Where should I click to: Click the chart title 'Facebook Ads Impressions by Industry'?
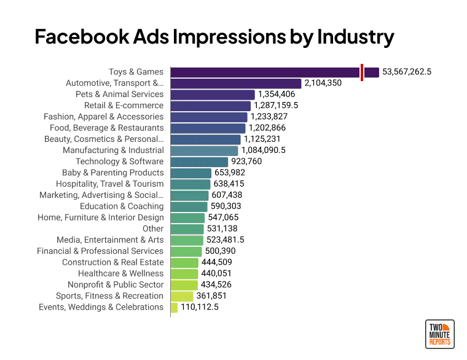pos(214,37)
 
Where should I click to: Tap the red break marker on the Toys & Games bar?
pos(362,72)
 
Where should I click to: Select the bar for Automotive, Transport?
pos(235,84)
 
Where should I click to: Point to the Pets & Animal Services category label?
pos(119,95)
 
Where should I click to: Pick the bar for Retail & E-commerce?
pos(210,106)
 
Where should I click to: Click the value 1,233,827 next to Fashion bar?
pos(273,117)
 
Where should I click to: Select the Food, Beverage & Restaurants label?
pos(107,128)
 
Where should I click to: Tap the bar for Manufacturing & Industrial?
pos(204,151)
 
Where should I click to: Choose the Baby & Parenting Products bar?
pos(190,173)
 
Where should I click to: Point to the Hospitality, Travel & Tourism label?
pos(110,184)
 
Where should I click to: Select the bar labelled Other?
pos(187,229)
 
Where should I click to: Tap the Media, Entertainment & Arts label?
pos(110,240)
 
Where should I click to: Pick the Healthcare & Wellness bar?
pos(184,273)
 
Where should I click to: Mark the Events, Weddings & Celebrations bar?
pos(174,307)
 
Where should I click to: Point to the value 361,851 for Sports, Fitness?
pos(215,296)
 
